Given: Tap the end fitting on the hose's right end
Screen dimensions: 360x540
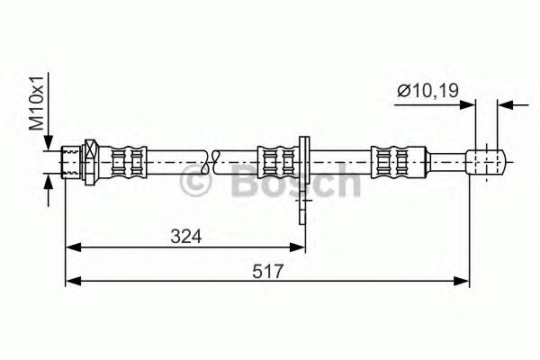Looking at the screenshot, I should (x=486, y=162).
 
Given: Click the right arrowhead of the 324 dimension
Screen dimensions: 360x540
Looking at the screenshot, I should (x=296, y=246).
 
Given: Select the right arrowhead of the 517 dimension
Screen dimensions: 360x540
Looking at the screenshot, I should (x=461, y=281).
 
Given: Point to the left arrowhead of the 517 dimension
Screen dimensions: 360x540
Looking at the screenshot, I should (x=74, y=281).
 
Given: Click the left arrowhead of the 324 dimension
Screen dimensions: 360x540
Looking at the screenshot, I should (x=74, y=246).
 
